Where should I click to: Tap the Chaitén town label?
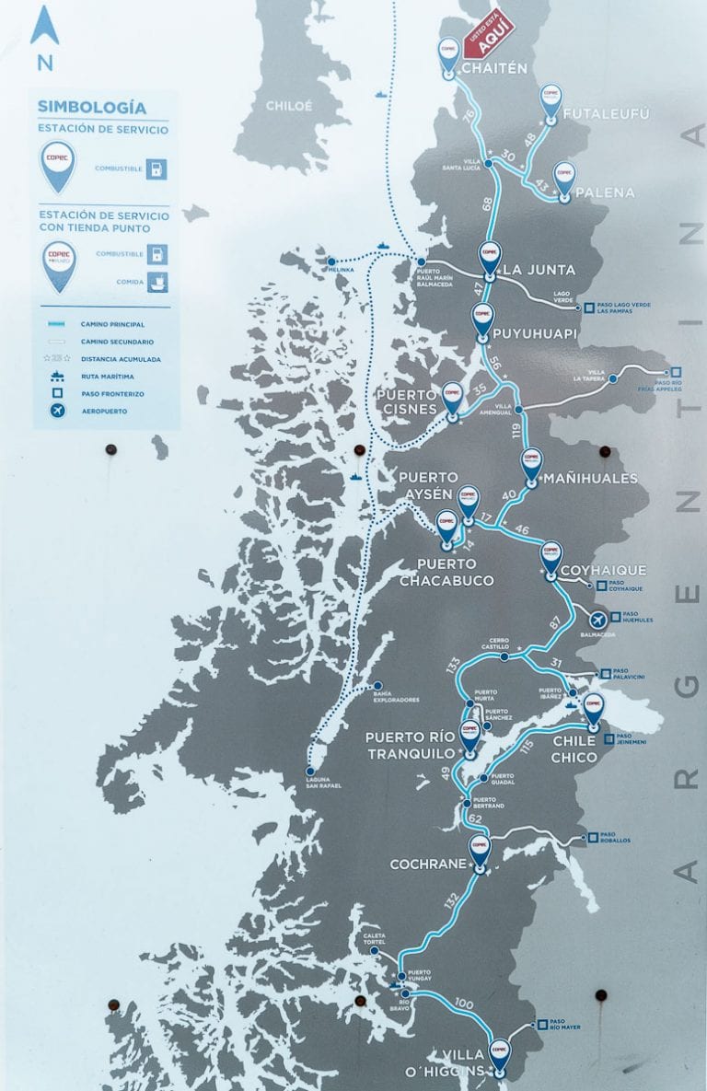[494, 68]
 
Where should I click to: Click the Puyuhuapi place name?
[535, 333]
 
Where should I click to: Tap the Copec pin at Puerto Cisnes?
[452, 399]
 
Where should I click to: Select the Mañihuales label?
[590, 479]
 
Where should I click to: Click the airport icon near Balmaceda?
[598, 619]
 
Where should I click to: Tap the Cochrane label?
[429, 865]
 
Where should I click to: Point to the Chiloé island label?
[289, 106]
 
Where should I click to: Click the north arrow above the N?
[44, 28]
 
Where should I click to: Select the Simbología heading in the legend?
[91, 106]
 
